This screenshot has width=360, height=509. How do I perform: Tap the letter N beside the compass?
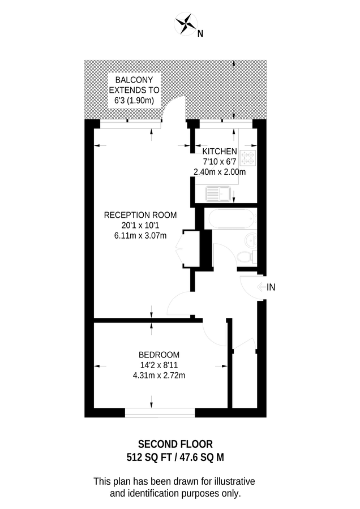tap(200, 33)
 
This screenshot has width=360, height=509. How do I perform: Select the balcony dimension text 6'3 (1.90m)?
tap(134, 100)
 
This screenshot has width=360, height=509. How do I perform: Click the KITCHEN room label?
tap(220, 151)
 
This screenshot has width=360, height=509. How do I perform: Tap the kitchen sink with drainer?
tap(218, 195)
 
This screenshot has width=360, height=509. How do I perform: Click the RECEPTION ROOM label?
tap(140, 215)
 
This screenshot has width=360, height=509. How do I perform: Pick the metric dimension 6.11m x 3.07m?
tap(140, 236)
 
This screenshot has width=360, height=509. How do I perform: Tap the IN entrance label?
tap(271, 287)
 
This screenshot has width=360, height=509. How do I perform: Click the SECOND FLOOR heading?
tap(176, 444)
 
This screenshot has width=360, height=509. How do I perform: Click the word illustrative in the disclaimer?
tap(230, 481)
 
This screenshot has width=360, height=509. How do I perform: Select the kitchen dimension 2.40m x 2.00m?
tap(220, 171)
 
